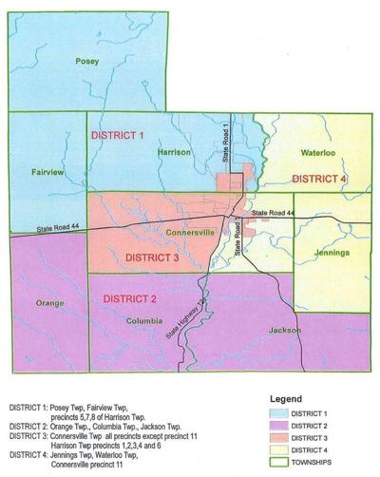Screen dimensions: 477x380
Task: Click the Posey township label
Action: [x=88, y=61]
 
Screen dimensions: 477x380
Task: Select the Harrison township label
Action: [x=174, y=152]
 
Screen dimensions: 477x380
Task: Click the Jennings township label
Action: [x=326, y=252]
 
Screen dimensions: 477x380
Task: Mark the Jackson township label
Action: [x=284, y=331]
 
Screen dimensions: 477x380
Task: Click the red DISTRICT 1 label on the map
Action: [x=117, y=136]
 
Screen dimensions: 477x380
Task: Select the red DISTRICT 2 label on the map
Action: [x=132, y=298]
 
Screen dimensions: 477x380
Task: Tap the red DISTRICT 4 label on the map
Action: [x=319, y=178]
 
